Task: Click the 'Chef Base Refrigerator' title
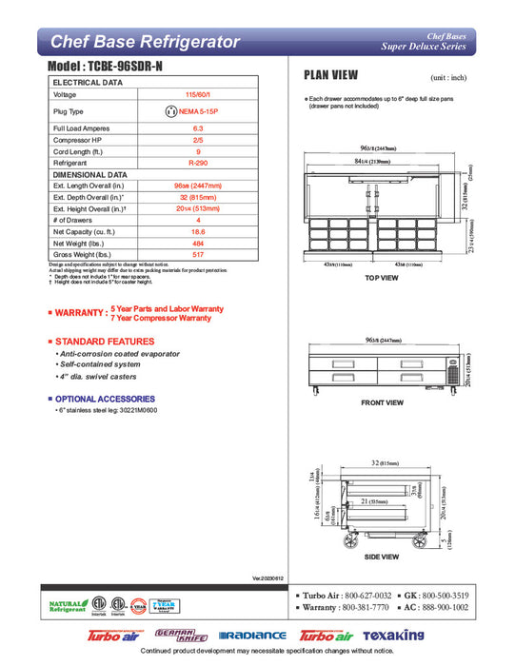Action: point(145,42)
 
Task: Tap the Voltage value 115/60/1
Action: point(198,95)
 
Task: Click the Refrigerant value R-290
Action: point(198,163)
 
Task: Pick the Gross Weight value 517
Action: point(198,255)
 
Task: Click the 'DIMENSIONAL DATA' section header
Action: point(90,175)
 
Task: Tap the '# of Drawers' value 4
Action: point(198,221)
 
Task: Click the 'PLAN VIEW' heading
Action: point(330,75)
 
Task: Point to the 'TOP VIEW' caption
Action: point(380,278)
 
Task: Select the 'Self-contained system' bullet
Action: point(100,365)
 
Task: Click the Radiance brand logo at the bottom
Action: point(252,635)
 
